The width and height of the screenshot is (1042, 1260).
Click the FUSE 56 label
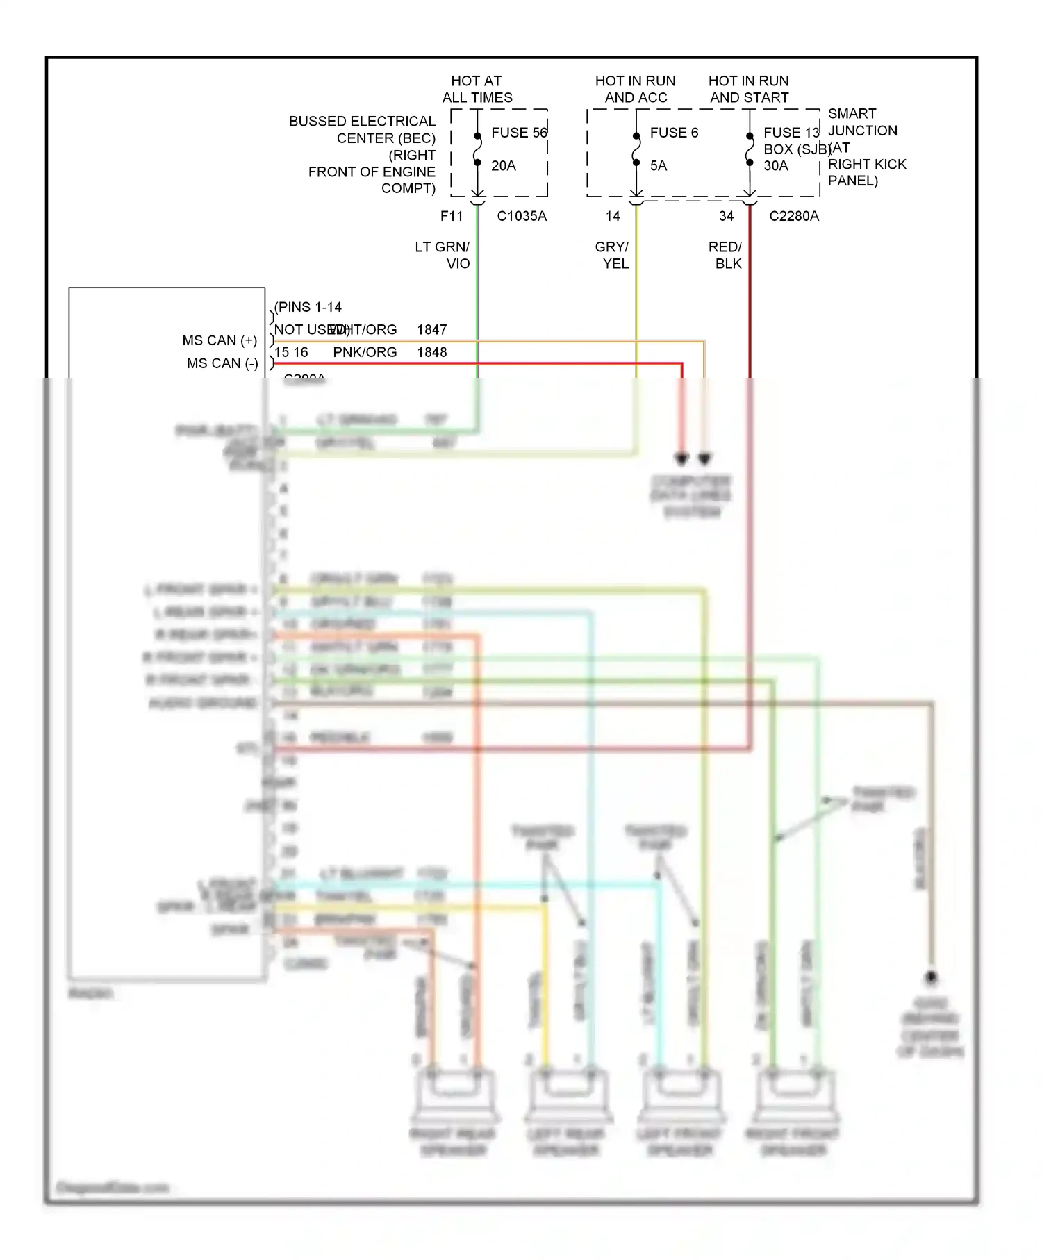[x=518, y=133]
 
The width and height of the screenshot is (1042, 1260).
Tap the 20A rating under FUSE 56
[x=503, y=166]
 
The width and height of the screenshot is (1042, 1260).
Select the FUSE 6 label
[x=673, y=133]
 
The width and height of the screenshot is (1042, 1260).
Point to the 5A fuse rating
[x=658, y=166]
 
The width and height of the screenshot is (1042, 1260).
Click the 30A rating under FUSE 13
[x=775, y=166]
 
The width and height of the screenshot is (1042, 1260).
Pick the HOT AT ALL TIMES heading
[x=477, y=90]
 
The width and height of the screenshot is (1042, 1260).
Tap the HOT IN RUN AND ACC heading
[x=635, y=90]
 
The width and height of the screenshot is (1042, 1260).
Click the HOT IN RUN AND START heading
[x=748, y=90]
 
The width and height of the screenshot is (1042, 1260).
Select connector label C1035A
[x=521, y=216]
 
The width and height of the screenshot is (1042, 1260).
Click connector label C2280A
[x=793, y=216]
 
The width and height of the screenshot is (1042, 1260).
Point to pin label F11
[x=452, y=216]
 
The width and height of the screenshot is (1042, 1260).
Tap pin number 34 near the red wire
[x=726, y=216]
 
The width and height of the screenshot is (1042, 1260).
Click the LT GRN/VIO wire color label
[x=443, y=255]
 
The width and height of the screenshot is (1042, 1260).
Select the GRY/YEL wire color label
[x=613, y=255]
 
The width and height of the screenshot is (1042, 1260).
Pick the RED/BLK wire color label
[x=726, y=255]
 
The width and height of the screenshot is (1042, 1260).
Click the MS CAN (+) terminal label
[x=220, y=340]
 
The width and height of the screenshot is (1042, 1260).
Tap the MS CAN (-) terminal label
[x=222, y=363]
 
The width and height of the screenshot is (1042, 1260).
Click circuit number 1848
[x=431, y=352]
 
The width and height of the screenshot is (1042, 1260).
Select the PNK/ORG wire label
[x=365, y=352]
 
